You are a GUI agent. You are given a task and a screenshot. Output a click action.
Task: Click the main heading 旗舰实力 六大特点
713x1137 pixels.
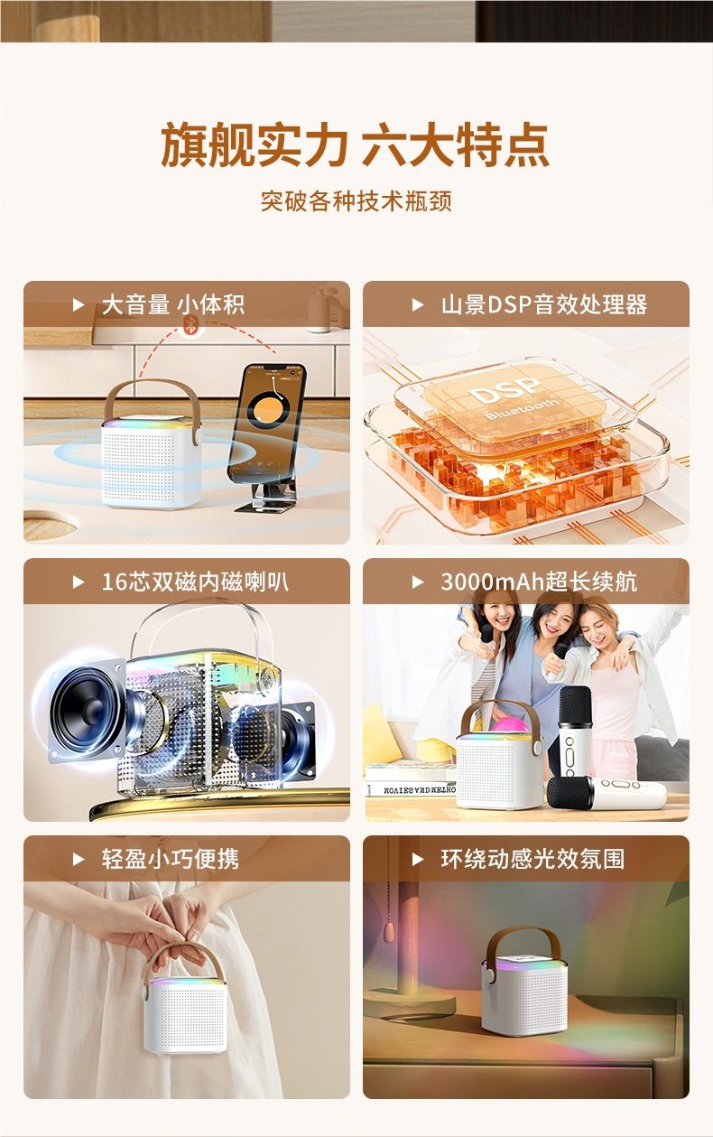click(355, 144)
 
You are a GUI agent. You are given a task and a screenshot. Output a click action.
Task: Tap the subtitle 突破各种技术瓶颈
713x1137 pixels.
click(356, 201)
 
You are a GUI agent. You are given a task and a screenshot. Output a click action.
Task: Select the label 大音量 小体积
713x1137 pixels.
click(173, 304)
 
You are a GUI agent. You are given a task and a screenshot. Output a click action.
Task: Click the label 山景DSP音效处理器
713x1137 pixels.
click(543, 304)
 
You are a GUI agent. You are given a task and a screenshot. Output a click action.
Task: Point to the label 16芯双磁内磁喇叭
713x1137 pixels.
click(195, 582)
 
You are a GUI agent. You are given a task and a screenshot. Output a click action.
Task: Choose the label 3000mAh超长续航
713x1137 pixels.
click(539, 582)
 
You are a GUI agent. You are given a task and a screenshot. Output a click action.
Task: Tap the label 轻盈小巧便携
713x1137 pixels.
click(171, 859)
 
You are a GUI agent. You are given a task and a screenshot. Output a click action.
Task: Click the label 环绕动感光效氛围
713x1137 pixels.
click(532, 859)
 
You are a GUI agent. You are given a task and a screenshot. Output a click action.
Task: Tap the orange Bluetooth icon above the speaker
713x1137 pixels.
click(191, 325)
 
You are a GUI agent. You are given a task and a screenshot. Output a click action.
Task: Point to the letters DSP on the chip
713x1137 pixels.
click(505, 390)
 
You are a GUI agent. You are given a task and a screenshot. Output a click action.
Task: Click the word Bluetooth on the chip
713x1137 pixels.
click(522, 408)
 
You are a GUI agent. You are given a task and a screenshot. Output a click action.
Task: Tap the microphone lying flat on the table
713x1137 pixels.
click(607, 793)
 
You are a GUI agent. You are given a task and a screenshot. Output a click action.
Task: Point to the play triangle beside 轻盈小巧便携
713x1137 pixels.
click(79, 860)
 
